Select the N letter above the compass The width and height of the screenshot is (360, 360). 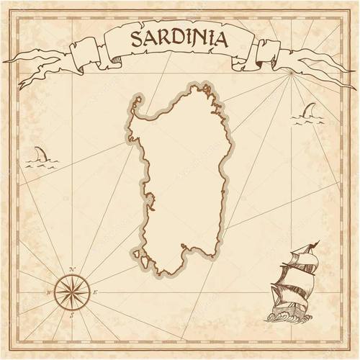click(72, 270)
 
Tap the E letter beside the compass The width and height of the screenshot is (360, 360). click(94, 293)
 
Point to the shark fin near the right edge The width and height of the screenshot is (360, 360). click(309, 110)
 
